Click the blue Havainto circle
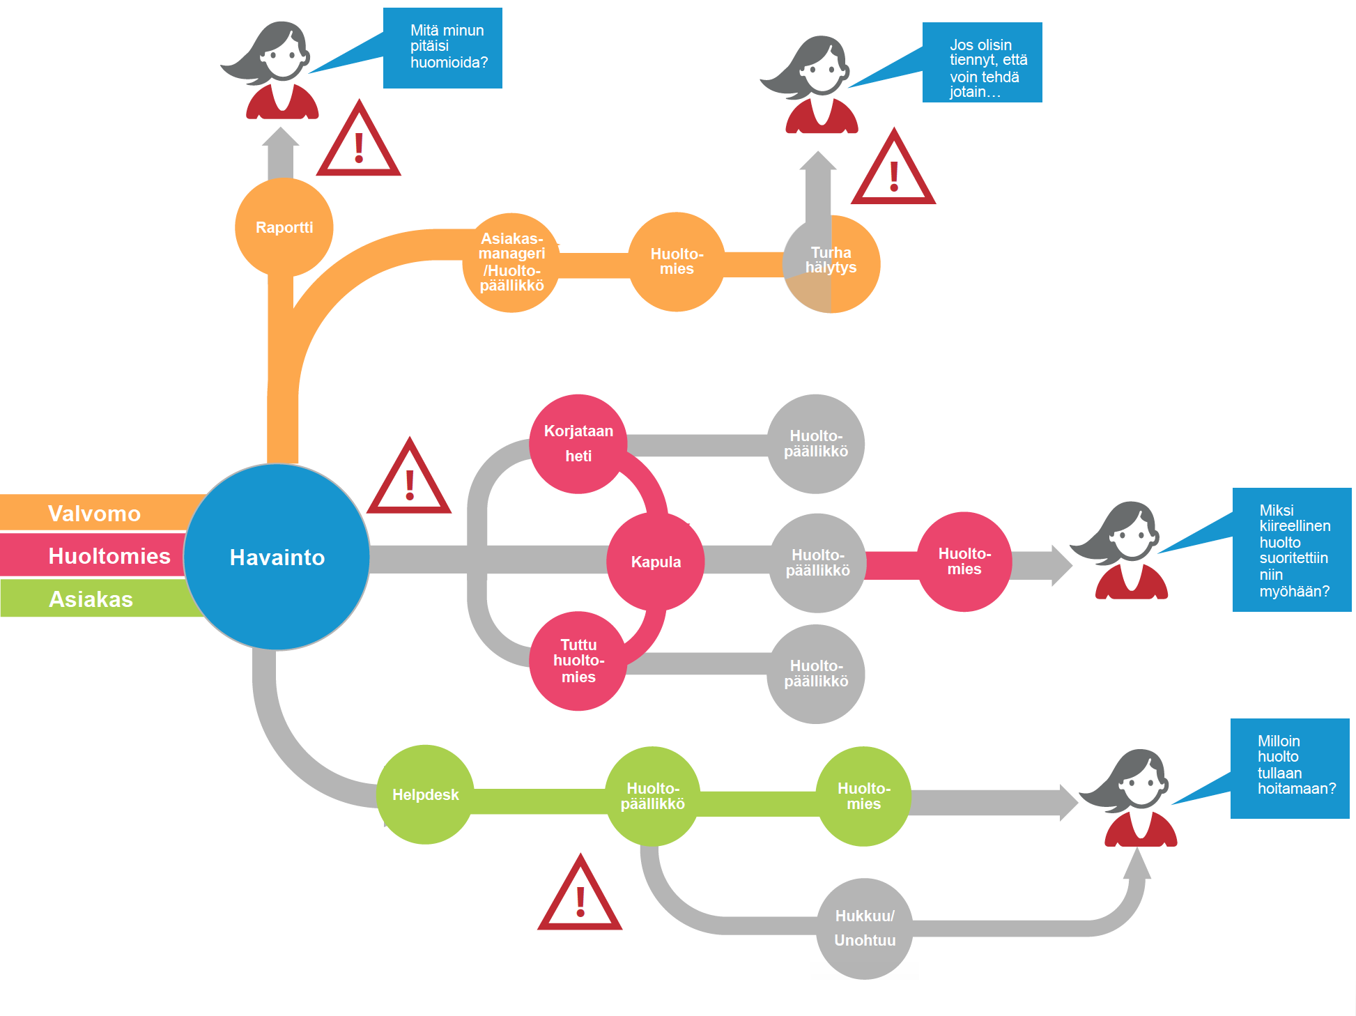(277, 557)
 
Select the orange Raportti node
(284, 227)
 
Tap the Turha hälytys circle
(831, 263)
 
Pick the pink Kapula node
(656, 562)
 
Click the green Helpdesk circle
(425, 794)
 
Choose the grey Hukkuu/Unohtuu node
(864, 928)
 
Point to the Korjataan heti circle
(578, 444)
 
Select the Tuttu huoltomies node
(578, 661)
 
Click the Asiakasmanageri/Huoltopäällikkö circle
(511, 262)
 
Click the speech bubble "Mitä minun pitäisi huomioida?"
(443, 47)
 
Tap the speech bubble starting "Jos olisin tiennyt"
(983, 63)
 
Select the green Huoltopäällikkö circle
(653, 796)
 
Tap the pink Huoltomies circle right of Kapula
(964, 562)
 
